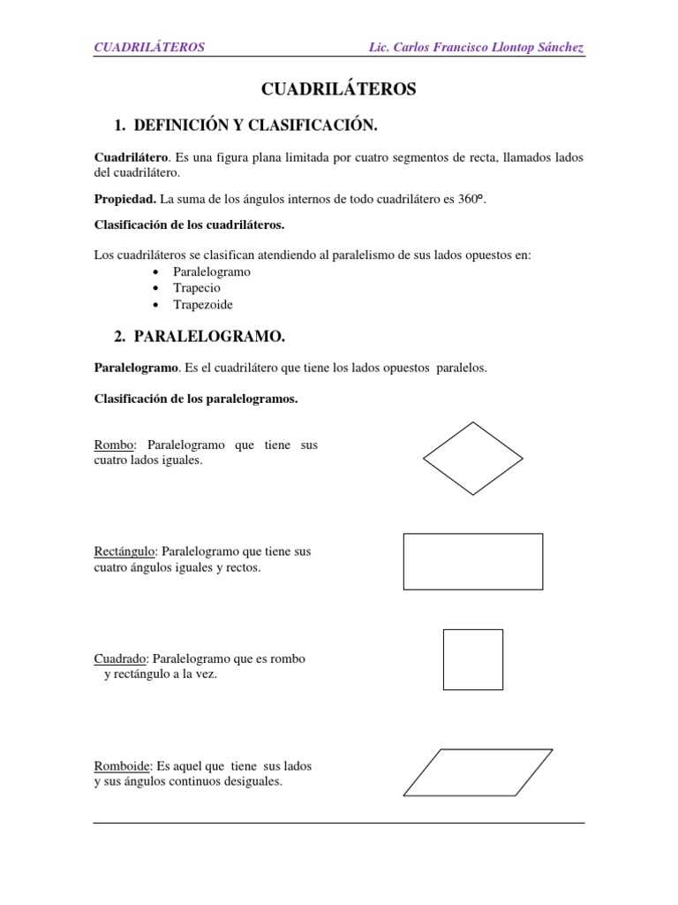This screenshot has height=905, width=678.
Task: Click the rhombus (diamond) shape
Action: click(473, 458)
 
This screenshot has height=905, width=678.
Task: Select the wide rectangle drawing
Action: click(473, 561)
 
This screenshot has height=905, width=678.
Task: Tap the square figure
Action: click(473, 659)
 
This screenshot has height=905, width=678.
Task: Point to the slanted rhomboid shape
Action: click(478, 772)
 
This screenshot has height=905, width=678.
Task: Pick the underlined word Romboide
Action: click(123, 765)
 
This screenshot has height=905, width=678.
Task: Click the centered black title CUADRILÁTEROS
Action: click(339, 89)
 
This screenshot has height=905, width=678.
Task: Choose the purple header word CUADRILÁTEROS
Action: click(149, 47)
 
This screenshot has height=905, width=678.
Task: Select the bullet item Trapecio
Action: click(197, 288)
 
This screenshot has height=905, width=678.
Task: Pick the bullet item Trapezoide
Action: click(203, 304)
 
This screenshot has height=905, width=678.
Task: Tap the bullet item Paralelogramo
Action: click(212, 271)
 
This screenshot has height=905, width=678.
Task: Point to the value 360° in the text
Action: click(471, 200)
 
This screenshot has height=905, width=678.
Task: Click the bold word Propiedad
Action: click(125, 200)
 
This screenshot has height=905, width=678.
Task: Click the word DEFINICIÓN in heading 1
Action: click(179, 125)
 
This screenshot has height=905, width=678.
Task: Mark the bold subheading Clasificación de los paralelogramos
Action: click(196, 399)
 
